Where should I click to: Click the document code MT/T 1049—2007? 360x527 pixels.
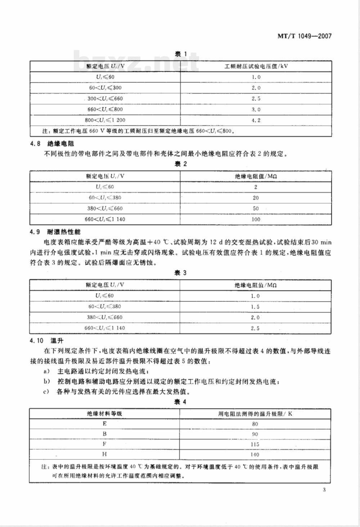click(x=304, y=36)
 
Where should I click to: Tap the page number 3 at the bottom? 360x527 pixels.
click(x=324, y=490)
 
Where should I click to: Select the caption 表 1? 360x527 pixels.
click(x=180, y=54)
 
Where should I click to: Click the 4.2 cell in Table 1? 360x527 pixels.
click(x=256, y=120)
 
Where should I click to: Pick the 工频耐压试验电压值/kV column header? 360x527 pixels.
click(x=256, y=67)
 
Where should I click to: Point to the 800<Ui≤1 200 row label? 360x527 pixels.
click(x=105, y=120)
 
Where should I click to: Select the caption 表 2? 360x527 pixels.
click(x=180, y=164)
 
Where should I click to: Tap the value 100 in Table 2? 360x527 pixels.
click(x=256, y=219)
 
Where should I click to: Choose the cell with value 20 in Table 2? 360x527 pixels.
click(x=256, y=198)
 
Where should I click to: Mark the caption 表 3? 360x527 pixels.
click(x=180, y=273)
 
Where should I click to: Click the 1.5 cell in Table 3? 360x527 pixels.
click(x=256, y=307)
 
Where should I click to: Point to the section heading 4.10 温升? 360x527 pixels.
click(x=47, y=340)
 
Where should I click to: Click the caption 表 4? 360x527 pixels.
click(x=180, y=402)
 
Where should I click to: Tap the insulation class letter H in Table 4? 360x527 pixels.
click(x=105, y=455)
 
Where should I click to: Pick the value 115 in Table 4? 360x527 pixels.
click(x=255, y=445)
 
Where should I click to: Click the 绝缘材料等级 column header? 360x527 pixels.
click(x=105, y=414)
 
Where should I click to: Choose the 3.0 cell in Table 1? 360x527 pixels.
click(x=256, y=110)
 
